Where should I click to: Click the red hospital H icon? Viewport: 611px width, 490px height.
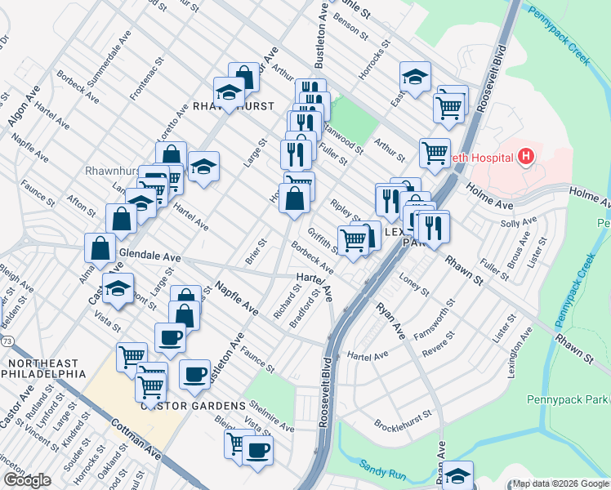pyautogui.click(x=526, y=155)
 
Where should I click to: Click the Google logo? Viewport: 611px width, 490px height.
pyautogui.click(x=27, y=480)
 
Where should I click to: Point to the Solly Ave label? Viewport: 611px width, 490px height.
pyautogui.click(x=519, y=222)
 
